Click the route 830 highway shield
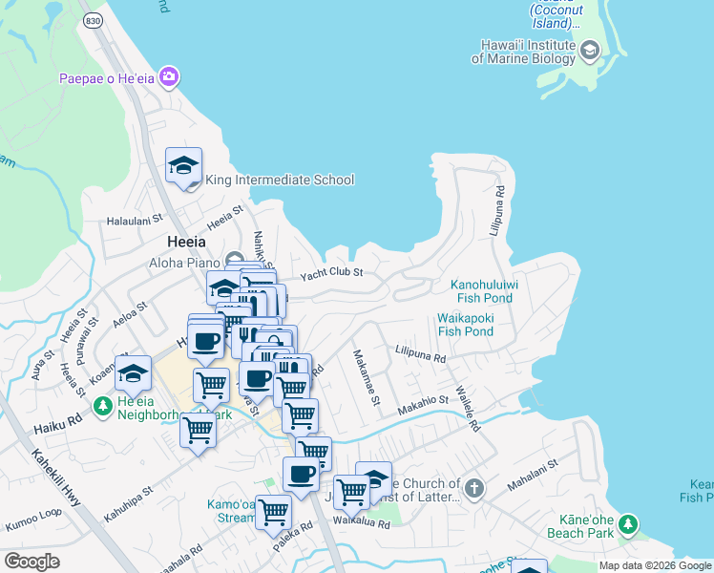(x=92, y=19)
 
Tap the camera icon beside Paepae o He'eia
(x=170, y=76)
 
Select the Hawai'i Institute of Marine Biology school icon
(x=590, y=50)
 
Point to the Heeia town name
(x=186, y=242)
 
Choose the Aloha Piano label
(x=182, y=262)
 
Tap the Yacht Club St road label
(x=332, y=274)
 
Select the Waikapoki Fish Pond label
(x=465, y=325)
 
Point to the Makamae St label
(x=367, y=375)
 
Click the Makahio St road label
(x=423, y=403)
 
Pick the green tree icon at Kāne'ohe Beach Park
(x=627, y=523)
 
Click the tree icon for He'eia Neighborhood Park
(x=102, y=408)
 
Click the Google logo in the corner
(x=31, y=561)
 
